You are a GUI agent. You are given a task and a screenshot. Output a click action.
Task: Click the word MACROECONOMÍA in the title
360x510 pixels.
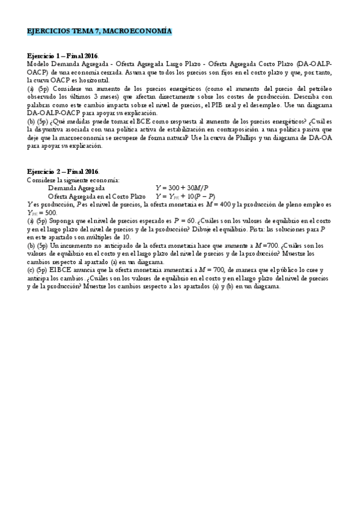pos(142,31)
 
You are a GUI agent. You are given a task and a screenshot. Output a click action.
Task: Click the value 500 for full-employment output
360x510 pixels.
pos(50,212)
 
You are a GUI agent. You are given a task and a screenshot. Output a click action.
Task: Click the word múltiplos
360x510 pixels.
pos(106,237)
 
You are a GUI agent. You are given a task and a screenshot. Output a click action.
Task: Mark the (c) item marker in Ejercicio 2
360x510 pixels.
pos(31,270)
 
